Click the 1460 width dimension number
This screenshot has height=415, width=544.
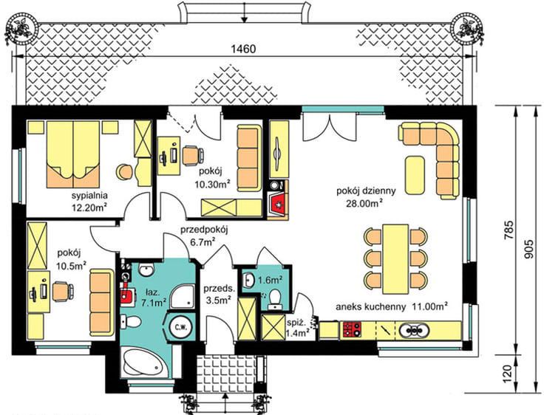(243, 49)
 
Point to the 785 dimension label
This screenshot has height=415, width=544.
(509, 230)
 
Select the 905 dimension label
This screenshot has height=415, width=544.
(528, 249)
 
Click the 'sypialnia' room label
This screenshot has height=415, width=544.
(89, 196)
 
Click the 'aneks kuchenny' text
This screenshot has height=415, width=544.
(370, 307)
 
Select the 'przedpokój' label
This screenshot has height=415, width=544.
(204, 230)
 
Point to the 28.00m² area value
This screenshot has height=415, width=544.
(364, 203)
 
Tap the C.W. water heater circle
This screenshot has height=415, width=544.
(181, 326)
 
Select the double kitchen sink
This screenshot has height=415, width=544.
(414, 330)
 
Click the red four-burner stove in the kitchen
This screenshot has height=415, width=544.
(352, 330)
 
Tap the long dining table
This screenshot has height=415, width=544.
(395, 259)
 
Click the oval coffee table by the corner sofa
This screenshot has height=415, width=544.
(415, 176)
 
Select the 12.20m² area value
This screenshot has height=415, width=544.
(89, 208)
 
